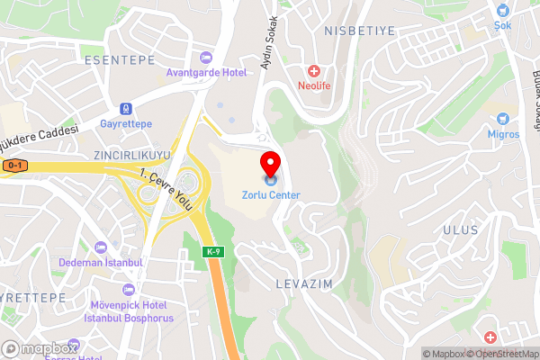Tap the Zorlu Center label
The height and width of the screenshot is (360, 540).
[270, 194]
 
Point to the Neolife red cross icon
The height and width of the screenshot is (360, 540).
[314, 71]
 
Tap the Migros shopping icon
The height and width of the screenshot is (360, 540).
[503, 119]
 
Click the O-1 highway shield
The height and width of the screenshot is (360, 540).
[13, 166]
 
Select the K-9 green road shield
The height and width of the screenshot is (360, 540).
[212, 251]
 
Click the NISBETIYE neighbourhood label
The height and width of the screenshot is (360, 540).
[358, 30]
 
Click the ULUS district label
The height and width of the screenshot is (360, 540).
[460, 230]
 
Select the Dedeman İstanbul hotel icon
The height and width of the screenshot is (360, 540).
[101, 247]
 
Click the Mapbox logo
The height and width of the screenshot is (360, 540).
[39, 348]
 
